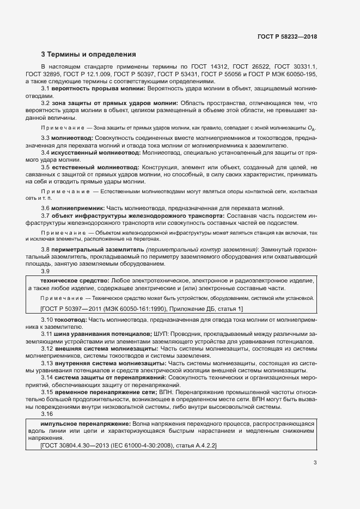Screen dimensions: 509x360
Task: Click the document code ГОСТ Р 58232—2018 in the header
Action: pyautogui.click(x=287, y=36)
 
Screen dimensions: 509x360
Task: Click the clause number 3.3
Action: pyautogui.click(x=46, y=138)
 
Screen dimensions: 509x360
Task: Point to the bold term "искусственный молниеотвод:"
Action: pyautogui.click(x=92, y=152)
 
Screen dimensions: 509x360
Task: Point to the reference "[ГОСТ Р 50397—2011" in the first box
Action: pyautogui.click(x=72, y=309)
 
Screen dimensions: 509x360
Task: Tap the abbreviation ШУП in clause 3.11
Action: pyautogui.click(x=163, y=332)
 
